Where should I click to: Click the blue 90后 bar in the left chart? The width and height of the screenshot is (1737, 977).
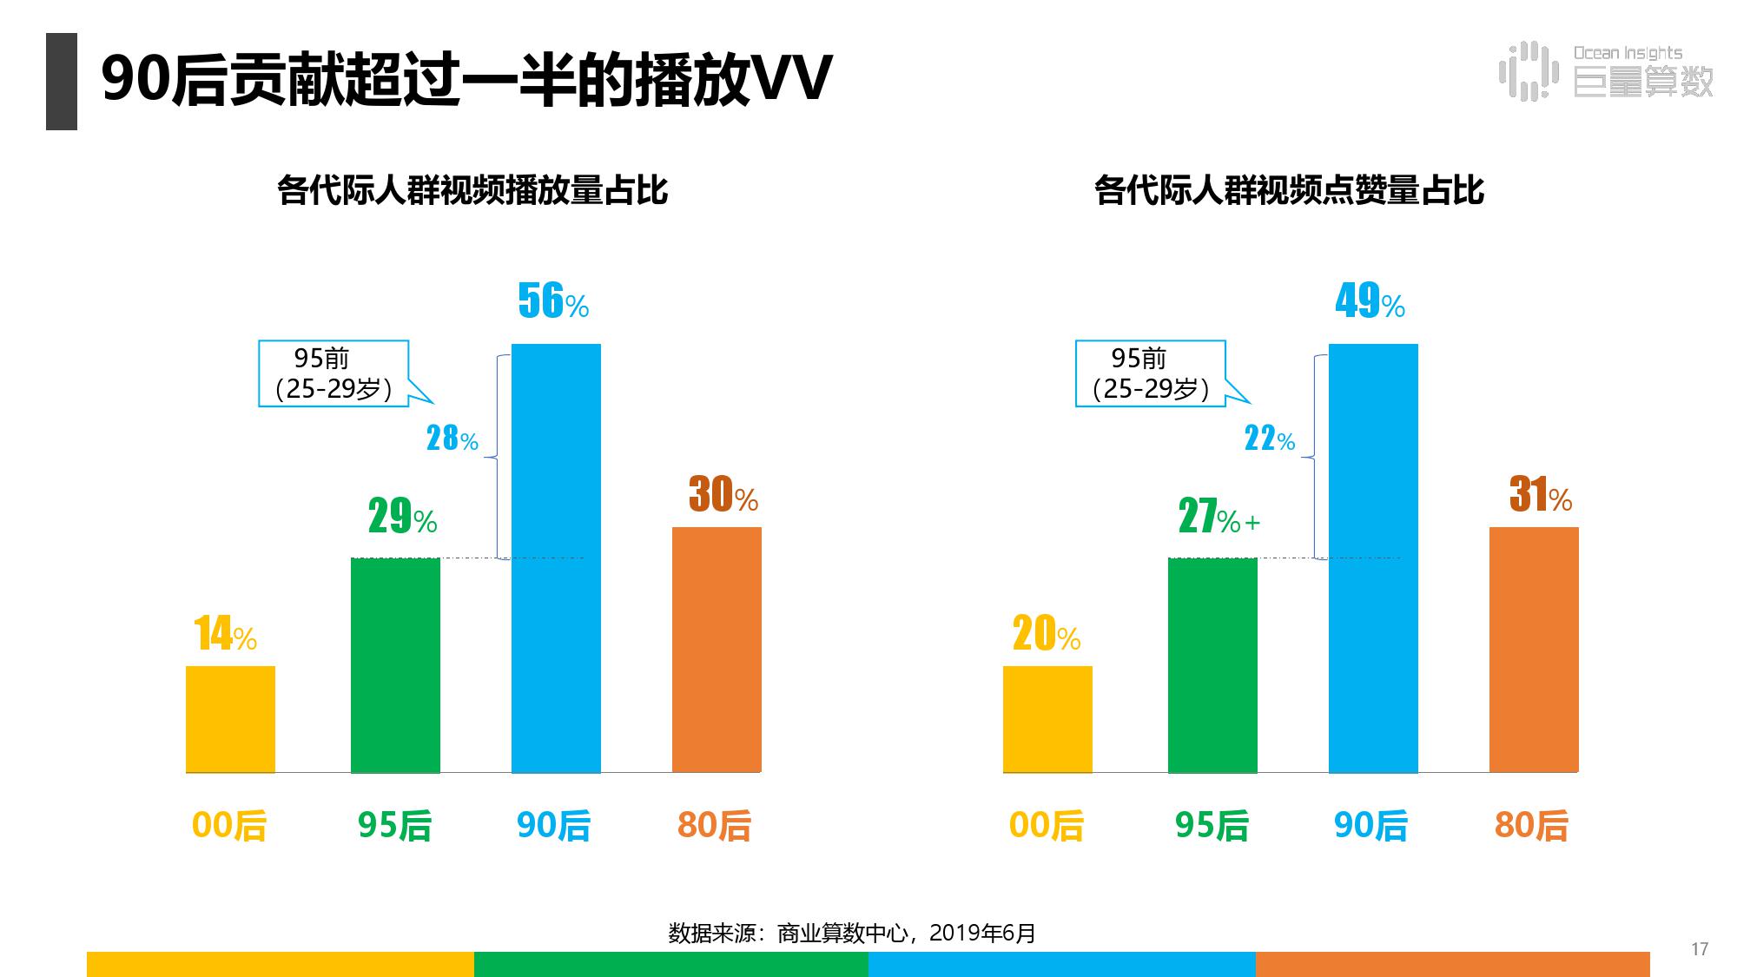click(556, 558)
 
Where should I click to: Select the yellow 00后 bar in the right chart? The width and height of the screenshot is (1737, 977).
click(1047, 718)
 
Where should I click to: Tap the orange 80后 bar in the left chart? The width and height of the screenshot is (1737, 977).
click(717, 649)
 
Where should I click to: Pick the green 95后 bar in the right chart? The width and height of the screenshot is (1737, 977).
click(1212, 664)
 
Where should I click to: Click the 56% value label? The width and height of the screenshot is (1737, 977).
click(552, 301)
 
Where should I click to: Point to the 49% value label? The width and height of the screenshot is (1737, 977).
click(1370, 301)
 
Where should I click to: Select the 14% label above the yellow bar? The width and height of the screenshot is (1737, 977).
click(225, 634)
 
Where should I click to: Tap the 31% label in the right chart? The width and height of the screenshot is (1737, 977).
click(1540, 495)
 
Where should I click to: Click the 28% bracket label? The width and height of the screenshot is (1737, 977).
click(452, 439)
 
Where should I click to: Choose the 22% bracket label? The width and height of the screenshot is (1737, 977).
click(1269, 439)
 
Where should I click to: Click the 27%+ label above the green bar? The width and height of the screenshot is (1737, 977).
click(1218, 518)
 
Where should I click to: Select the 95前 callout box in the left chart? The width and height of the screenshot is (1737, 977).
click(334, 373)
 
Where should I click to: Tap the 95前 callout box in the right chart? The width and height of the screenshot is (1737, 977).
click(1151, 373)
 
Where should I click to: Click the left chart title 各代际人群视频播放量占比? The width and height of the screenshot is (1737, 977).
click(472, 190)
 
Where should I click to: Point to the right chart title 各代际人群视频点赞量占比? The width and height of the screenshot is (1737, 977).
click(1289, 190)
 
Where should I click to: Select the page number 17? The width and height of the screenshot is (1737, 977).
click(1699, 949)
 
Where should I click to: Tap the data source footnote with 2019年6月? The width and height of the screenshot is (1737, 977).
click(851, 934)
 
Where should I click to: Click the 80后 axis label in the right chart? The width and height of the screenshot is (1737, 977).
click(1531, 825)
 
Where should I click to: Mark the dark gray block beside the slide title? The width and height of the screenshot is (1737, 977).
click(62, 82)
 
